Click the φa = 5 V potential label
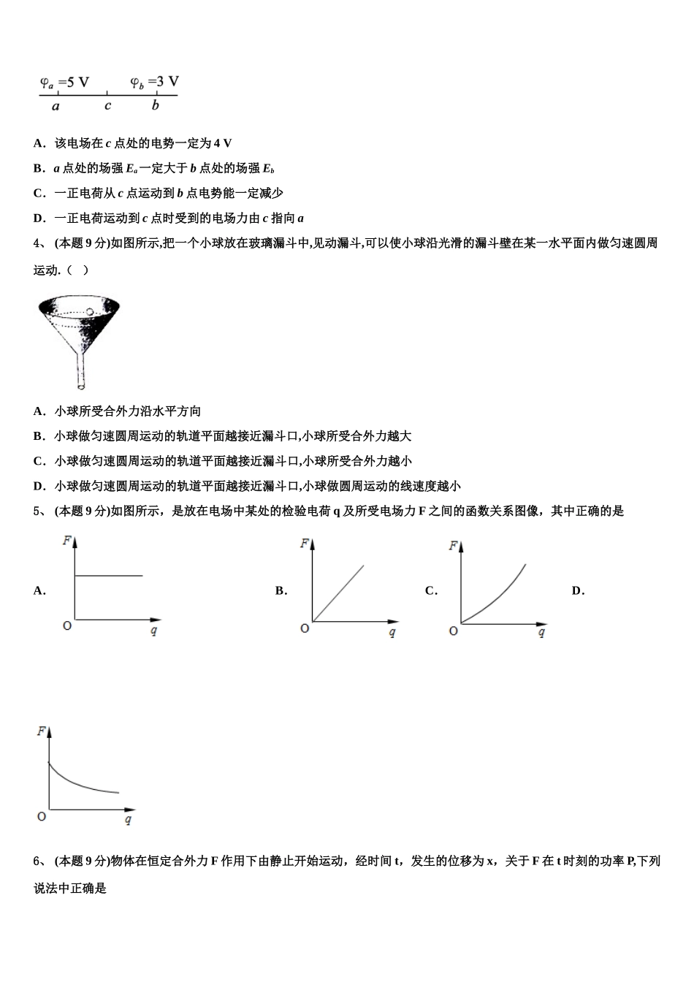tap(64, 83)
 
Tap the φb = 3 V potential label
tap(154, 83)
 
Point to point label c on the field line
tap(107, 106)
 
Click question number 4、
tap(40, 243)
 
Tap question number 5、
tap(40, 511)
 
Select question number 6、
tap(40, 861)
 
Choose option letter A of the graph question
tap(39, 591)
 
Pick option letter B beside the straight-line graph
tap(281, 591)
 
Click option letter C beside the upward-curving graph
tap(431, 591)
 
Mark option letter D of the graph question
tap(578, 591)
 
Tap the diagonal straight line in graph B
tap(338, 593)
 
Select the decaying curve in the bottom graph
tap(80, 783)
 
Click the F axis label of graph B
tap(304, 544)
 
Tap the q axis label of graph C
tap(541, 633)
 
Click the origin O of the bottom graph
tap(42, 816)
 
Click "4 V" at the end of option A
tap(223, 144)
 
